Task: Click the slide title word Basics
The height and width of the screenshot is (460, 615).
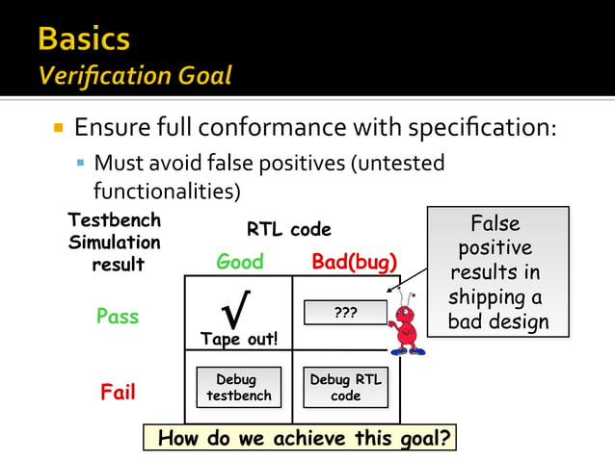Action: pyautogui.click(x=84, y=38)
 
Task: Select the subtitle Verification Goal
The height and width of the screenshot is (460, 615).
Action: pyautogui.click(x=135, y=75)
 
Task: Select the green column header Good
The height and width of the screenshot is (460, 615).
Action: pyautogui.click(x=239, y=262)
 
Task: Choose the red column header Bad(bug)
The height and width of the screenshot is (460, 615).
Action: pyautogui.click(x=354, y=262)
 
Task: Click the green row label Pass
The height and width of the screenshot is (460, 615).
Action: pyautogui.click(x=118, y=317)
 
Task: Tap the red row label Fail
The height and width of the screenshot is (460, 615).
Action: pyautogui.click(x=118, y=393)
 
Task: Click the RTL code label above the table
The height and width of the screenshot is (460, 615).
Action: pyautogui.click(x=289, y=229)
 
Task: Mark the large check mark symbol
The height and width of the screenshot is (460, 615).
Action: pyautogui.click(x=237, y=310)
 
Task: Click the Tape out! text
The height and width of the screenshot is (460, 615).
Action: pyautogui.click(x=239, y=339)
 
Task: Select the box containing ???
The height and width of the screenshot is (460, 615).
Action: pyautogui.click(x=345, y=313)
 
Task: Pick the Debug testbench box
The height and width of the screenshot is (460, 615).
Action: pyautogui.click(x=239, y=387)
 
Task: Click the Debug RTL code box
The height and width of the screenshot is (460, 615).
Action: pyautogui.click(x=345, y=387)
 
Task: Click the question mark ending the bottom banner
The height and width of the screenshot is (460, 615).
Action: pyautogui.click(x=442, y=438)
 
